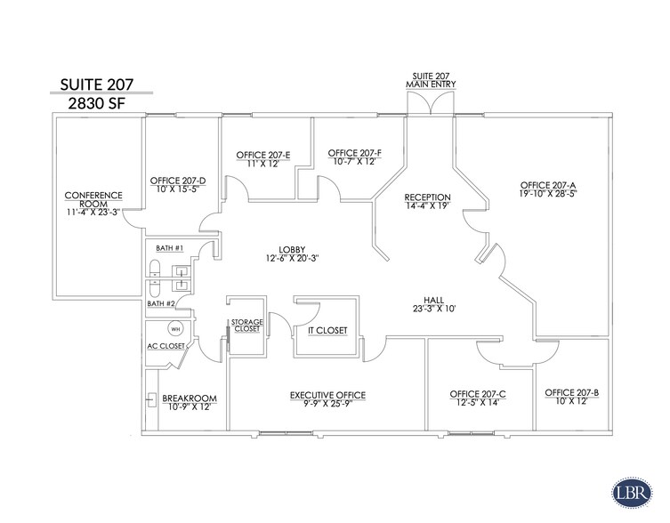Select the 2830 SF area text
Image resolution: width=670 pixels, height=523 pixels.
tap(100, 103)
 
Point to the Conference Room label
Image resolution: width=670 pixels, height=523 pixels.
tap(93, 203)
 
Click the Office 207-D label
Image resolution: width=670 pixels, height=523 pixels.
tap(178, 184)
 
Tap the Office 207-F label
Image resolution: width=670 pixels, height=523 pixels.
tap(354, 157)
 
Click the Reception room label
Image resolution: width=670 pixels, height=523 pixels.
tap(427, 202)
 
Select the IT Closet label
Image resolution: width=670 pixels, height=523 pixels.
tap(327, 330)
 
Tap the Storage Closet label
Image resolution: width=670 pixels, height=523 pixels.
tap(246, 326)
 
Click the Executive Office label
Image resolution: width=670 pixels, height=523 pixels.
tap(327, 399)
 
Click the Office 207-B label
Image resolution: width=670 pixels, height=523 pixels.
tap(571, 397)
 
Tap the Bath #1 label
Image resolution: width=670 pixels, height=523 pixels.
tap(168, 247)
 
